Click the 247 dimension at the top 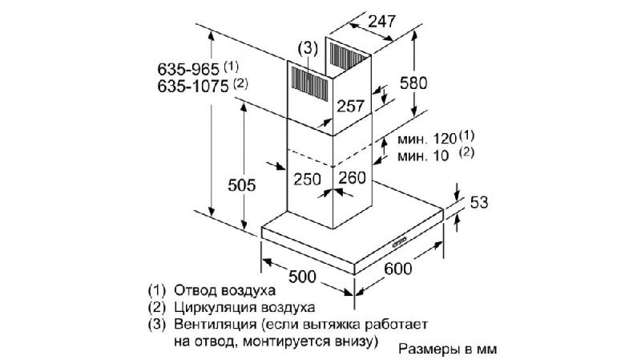[382, 21]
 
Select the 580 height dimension [413, 83]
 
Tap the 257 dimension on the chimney [350, 107]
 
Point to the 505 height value [242, 185]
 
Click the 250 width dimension [307, 179]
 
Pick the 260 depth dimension [352, 177]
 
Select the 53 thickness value [479, 203]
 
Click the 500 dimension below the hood [303, 277]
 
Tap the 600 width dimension [398, 269]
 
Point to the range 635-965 [188, 69]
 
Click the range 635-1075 [193, 87]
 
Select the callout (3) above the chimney [308, 48]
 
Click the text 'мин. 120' [427, 139]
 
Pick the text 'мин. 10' [423, 156]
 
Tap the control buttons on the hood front [399, 242]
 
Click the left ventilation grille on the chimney [309, 84]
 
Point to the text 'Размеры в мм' [448, 350]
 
